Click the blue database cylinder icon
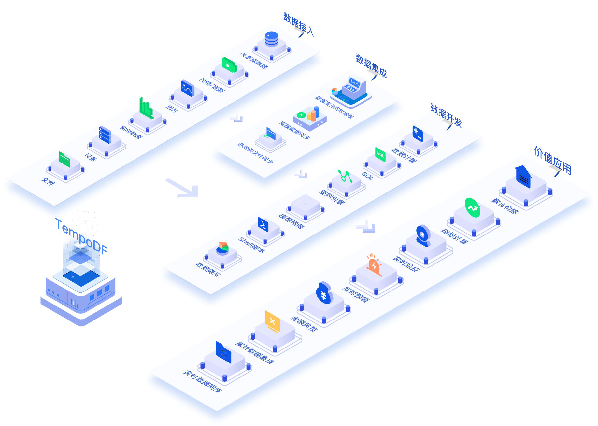coord(271,39)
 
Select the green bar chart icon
coord(146,108)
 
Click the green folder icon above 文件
coord(65,160)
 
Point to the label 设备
coord(91,157)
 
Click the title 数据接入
coord(298,24)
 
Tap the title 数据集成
coord(371,66)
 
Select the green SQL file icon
coord(380,154)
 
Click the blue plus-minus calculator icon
coord(418,134)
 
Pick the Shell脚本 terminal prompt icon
coord(263,224)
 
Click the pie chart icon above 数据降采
coord(222,248)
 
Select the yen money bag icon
coord(324,293)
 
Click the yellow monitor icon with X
coord(273,321)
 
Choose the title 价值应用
coord(553,161)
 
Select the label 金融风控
coord(304,324)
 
